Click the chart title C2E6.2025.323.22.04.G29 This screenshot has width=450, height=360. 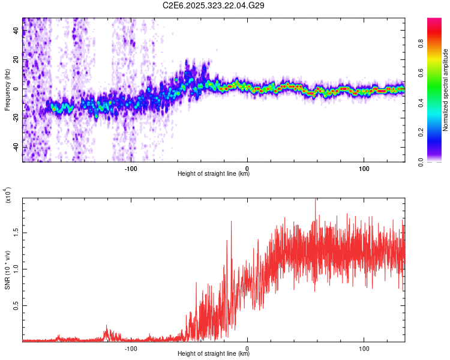[214, 5]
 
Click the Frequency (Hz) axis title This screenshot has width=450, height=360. [7, 90]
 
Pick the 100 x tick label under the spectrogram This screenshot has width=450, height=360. [364, 167]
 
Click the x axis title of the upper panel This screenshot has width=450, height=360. [214, 174]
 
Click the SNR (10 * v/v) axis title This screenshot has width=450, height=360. [7, 270]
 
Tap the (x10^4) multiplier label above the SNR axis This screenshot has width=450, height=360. [8, 195]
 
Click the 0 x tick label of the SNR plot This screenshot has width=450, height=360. [248, 347]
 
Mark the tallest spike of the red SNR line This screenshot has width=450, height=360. [316, 200]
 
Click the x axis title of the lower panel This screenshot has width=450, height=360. [214, 354]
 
